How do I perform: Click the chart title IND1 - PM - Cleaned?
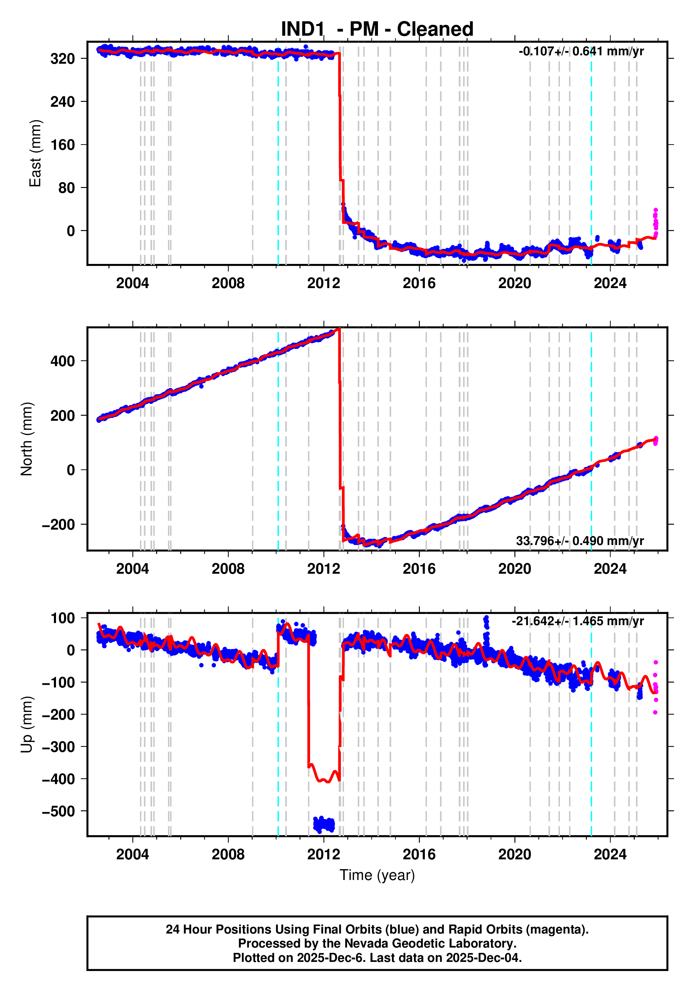377,29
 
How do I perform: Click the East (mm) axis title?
35,153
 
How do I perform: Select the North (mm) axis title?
27,439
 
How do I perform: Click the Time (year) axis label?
377,875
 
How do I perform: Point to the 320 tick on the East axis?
63,58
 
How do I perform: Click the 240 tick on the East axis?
63,102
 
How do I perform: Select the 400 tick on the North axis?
63,361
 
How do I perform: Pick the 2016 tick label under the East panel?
419,284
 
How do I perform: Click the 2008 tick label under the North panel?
228,569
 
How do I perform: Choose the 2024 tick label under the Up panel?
610,854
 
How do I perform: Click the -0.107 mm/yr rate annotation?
581,51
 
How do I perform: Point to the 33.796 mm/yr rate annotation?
580,541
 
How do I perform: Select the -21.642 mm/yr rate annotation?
577,621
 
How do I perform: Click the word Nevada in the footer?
342,943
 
